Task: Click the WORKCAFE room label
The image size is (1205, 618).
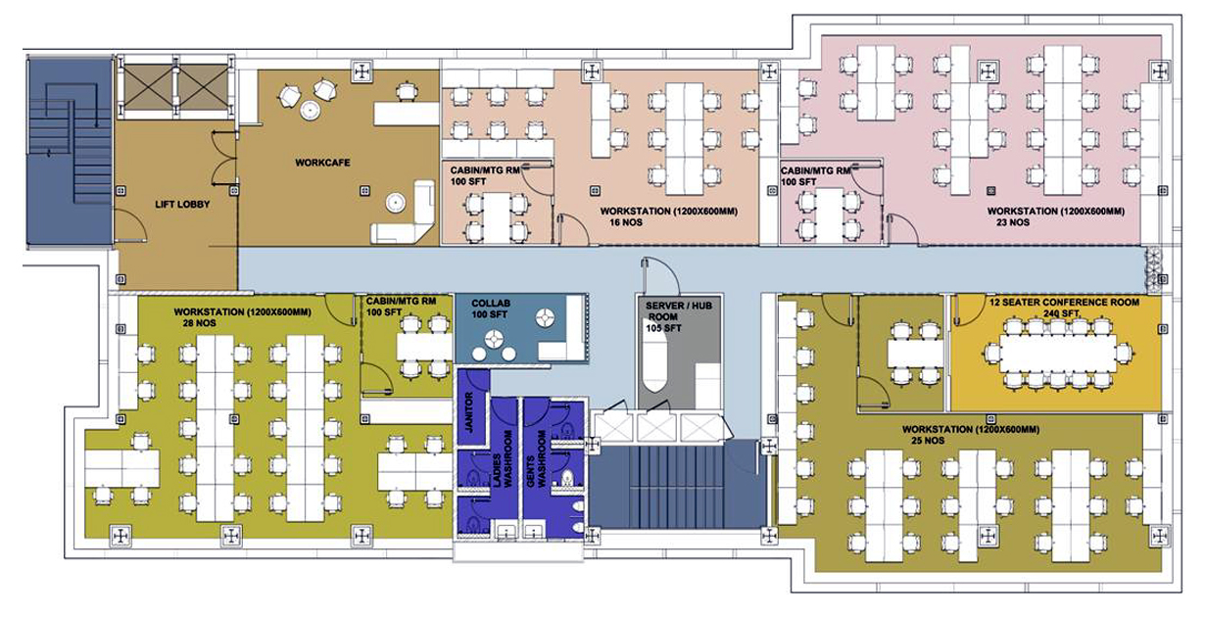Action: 322,163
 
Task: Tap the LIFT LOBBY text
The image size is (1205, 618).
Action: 182,205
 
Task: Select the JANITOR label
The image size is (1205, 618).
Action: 468,412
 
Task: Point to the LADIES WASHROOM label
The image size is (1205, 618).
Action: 503,458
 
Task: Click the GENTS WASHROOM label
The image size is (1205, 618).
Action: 536,458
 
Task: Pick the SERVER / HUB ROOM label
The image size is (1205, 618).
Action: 679,310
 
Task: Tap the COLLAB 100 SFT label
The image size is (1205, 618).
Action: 490,309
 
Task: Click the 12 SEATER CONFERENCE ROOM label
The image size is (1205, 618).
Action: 1064,303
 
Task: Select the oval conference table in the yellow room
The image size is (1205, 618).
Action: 1058,353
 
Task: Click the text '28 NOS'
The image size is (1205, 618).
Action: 199,323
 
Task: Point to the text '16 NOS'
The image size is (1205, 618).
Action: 626,222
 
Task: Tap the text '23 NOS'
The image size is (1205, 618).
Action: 1012,222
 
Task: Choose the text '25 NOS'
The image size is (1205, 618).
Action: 928,441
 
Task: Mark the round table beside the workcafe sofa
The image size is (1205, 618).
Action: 396,203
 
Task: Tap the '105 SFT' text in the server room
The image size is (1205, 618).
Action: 664,328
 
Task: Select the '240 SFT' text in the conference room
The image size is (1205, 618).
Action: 1061,313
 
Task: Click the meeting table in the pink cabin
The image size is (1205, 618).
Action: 829,214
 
